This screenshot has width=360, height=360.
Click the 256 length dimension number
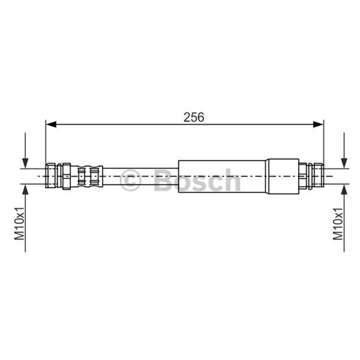(x=193, y=117)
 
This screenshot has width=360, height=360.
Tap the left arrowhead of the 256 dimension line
(x=51, y=125)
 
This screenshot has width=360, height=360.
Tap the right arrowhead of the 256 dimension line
(x=319, y=125)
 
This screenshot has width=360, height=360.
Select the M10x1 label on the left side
(x=19, y=223)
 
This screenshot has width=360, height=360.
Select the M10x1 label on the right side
(x=338, y=224)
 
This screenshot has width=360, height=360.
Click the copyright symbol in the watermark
(x=130, y=180)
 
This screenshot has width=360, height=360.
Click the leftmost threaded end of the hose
(x=51, y=175)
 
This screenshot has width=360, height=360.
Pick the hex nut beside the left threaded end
(x=66, y=176)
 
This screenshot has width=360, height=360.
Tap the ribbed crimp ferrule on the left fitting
(x=87, y=176)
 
